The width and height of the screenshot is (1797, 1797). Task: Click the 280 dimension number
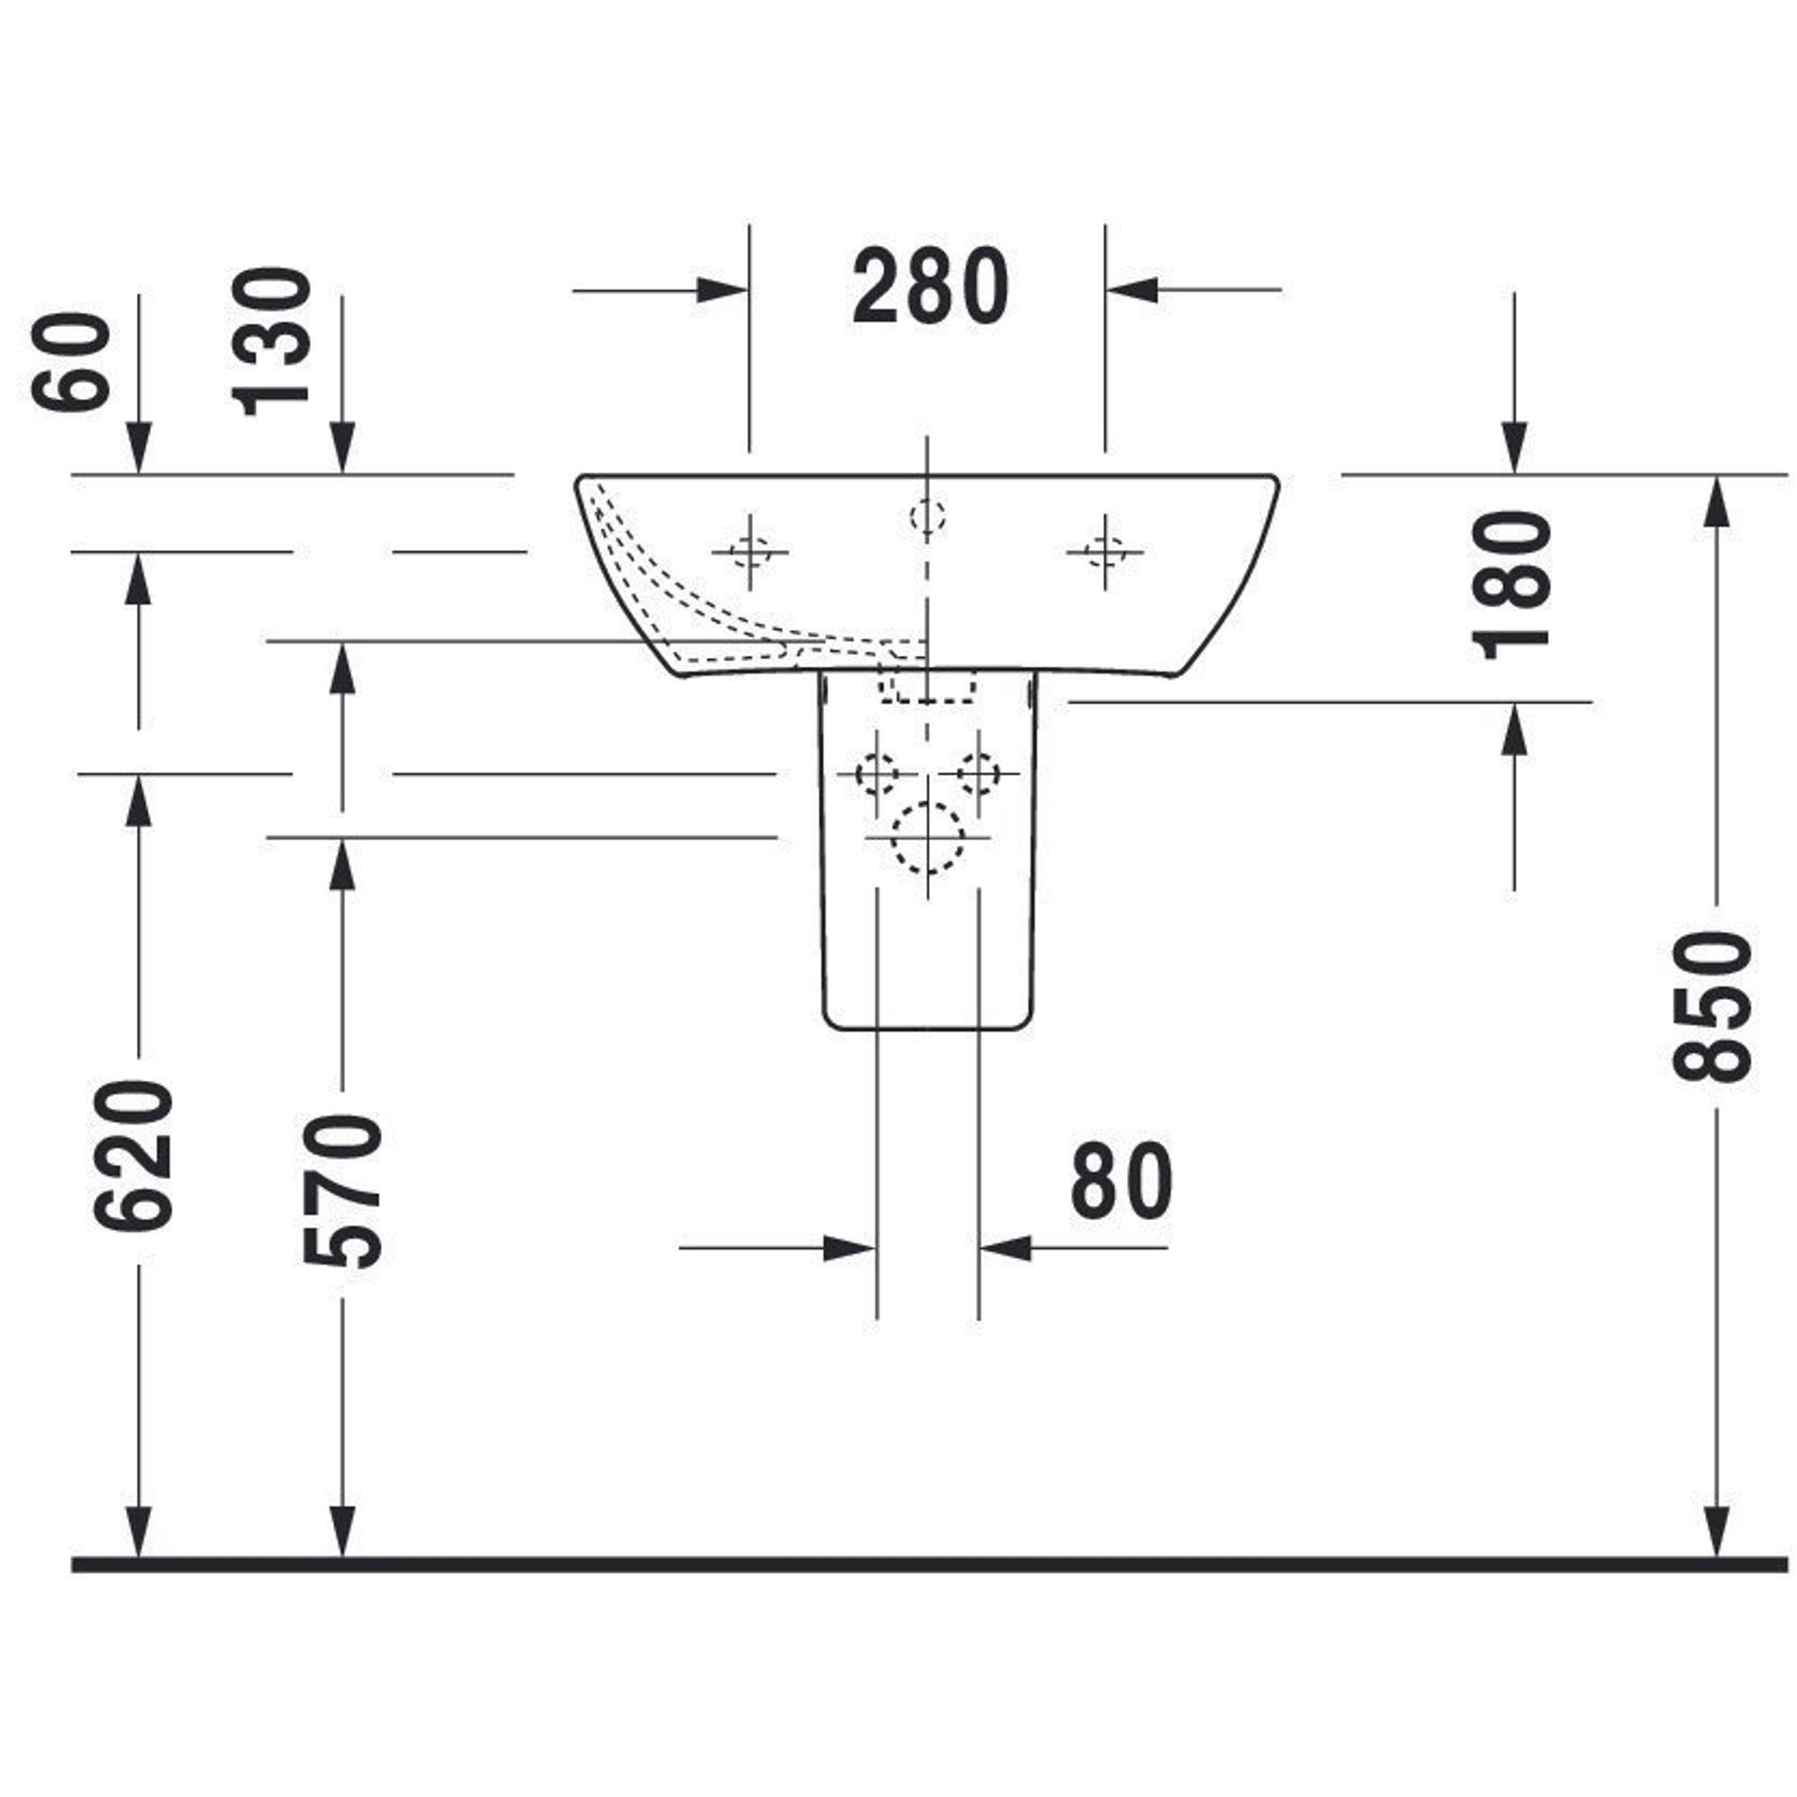tap(930, 287)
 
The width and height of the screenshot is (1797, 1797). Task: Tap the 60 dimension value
tap(71, 362)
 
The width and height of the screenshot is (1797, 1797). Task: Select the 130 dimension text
tap(271, 341)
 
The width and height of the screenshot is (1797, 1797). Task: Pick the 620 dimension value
tap(134, 1156)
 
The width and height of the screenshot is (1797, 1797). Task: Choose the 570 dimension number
tap(342, 1191)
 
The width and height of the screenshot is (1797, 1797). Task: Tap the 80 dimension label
tap(1121, 1182)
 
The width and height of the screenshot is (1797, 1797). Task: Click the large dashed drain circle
tap(927, 838)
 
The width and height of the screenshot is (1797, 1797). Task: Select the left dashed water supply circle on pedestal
tap(876, 774)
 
